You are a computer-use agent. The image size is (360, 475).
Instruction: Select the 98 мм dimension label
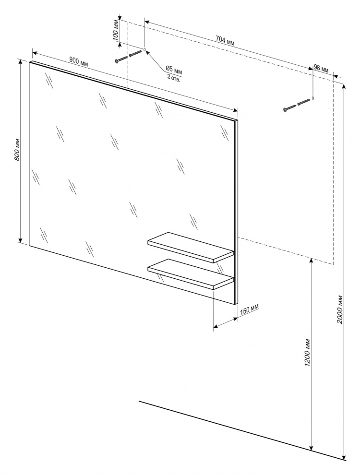coord(321,68)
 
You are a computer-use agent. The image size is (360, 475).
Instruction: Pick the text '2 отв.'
coord(174,78)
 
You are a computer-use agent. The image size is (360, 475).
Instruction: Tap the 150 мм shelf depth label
coord(250,309)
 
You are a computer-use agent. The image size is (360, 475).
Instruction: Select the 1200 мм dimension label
coord(307,351)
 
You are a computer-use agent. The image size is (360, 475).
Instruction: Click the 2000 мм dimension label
coord(340,309)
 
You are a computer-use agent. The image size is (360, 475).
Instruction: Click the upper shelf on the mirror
coord(191,247)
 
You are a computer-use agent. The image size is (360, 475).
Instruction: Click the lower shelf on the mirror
coord(191,274)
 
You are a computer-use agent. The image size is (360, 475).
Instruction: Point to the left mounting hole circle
coord(144,49)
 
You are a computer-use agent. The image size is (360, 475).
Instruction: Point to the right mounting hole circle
coord(313,98)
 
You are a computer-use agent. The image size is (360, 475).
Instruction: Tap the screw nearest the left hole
coord(135,54)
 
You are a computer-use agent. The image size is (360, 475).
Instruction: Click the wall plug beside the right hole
coord(304,102)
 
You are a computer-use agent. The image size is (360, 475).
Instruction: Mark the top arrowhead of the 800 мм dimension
coord(21,60)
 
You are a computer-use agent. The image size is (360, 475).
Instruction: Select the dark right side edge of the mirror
coord(236,212)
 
